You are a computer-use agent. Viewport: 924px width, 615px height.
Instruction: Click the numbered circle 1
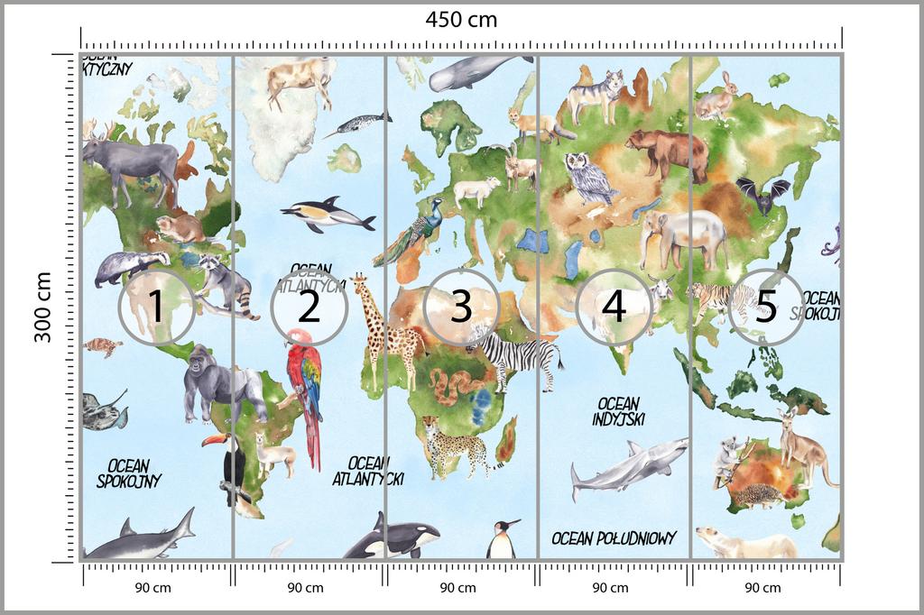coord(156,307)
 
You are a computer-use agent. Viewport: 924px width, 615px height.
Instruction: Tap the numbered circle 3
coord(461,307)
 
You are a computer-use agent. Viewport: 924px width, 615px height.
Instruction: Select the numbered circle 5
coord(765,307)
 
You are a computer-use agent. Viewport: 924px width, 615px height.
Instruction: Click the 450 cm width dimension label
coord(462,19)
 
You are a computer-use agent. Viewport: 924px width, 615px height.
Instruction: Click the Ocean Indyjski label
coord(618,410)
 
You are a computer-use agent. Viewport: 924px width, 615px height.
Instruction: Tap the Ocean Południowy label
coord(614,538)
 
